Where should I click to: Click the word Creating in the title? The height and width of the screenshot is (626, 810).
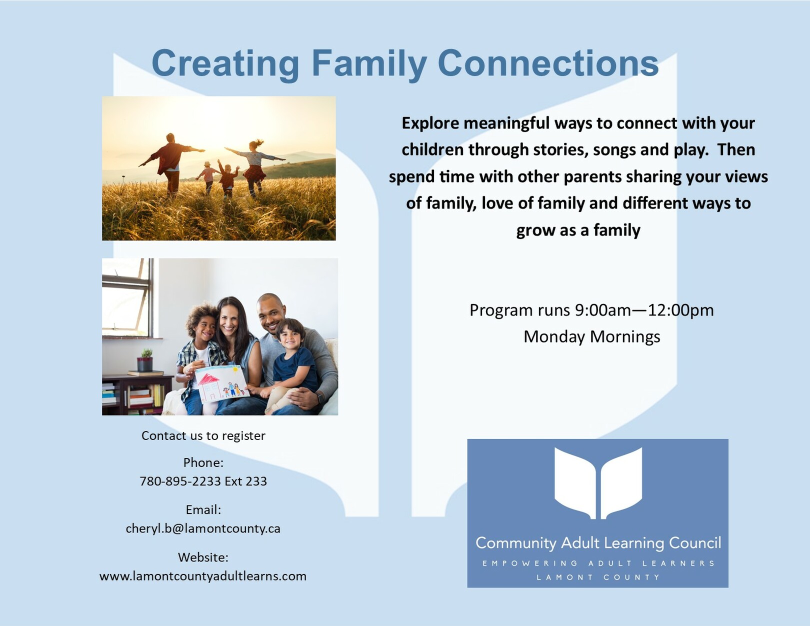[x=225, y=64]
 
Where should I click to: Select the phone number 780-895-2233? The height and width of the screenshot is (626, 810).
[x=180, y=481]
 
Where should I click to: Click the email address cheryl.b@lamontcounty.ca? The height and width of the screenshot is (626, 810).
[x=203, y=528]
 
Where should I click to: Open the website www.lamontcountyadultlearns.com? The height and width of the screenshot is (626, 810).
[x=203, y=576]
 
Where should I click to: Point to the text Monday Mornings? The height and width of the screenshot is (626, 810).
[x=591, y=337]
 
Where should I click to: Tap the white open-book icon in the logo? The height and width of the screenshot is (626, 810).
[x=598, y=483]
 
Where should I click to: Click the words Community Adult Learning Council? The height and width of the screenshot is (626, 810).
[x=598, y=543]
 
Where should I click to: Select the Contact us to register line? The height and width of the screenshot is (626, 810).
[x=203, y=435]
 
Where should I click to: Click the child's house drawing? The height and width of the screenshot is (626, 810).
[x=222, y=384]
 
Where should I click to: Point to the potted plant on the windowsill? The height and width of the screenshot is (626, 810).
[x=145, y=359]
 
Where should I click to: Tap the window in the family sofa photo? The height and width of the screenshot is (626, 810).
[x=127, y=297]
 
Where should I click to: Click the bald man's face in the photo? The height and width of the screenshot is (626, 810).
[x=271, y=315]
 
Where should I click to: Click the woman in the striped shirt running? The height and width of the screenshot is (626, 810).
[x=255, y=167]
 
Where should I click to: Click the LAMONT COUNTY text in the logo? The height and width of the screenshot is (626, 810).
[x=598, y=577]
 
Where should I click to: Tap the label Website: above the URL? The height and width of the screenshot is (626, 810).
[x=203, y=557]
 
